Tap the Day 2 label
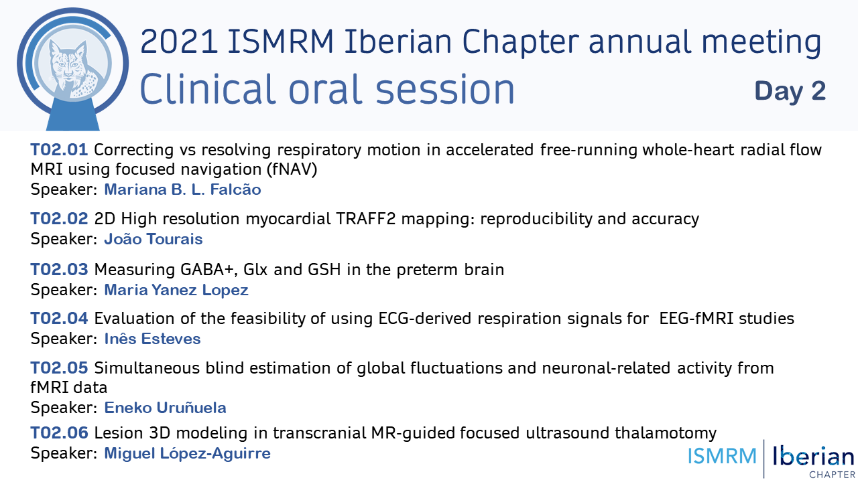pos(790,92)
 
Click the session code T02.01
pos(60,149)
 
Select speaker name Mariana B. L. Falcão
pos(182,189)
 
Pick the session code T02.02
pos(60,219)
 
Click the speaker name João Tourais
pos(154,239)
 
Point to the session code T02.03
pos(60,269)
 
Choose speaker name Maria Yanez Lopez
pos(176,290)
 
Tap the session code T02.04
pos(60,318)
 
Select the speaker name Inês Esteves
pos(152,339)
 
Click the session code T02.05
pos(60,368)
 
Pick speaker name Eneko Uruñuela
pos(165,408)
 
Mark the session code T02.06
pos(60,433)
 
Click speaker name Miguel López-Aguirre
pos(187,453)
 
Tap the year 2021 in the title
pos(179,42)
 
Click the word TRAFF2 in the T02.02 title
pos(366,219)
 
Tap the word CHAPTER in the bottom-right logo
pos(832,475)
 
